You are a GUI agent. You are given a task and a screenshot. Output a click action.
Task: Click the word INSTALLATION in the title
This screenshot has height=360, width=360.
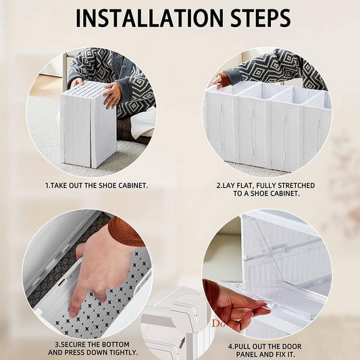149,18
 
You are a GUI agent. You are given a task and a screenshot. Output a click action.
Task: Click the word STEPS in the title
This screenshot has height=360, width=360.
261,18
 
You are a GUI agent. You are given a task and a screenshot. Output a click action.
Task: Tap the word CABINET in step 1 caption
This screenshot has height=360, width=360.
132,186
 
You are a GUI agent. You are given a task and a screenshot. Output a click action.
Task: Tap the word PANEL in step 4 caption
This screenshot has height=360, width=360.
247,355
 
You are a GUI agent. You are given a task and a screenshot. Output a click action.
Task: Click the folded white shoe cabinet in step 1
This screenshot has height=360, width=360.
88,124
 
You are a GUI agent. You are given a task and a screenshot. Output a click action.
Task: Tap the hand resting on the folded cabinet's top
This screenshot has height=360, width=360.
113,95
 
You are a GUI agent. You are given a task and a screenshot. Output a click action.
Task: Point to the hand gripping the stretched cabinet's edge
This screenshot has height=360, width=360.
221,81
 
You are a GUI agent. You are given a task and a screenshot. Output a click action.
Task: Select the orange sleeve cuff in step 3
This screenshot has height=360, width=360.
126,232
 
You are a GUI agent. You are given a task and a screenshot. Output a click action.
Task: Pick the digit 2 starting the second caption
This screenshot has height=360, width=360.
219,186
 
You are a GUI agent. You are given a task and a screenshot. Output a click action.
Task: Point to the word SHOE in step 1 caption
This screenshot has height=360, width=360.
107,186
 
